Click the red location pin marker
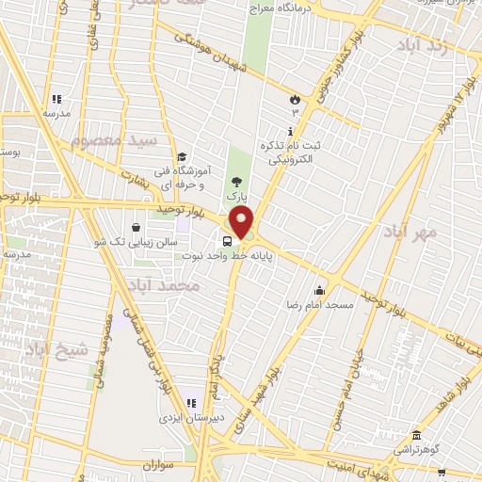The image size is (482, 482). click(x=242, y=222)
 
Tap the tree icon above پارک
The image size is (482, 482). click(x=235, y=183)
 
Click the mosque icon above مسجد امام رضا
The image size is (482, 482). click(x=320, y=290)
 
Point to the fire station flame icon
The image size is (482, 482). click(x=295, y=98)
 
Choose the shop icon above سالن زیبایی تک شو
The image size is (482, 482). click(x=137, y=227)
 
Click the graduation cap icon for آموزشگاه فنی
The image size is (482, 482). click(x=182, y=157)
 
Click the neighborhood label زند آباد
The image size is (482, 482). click(x=426, y=47)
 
